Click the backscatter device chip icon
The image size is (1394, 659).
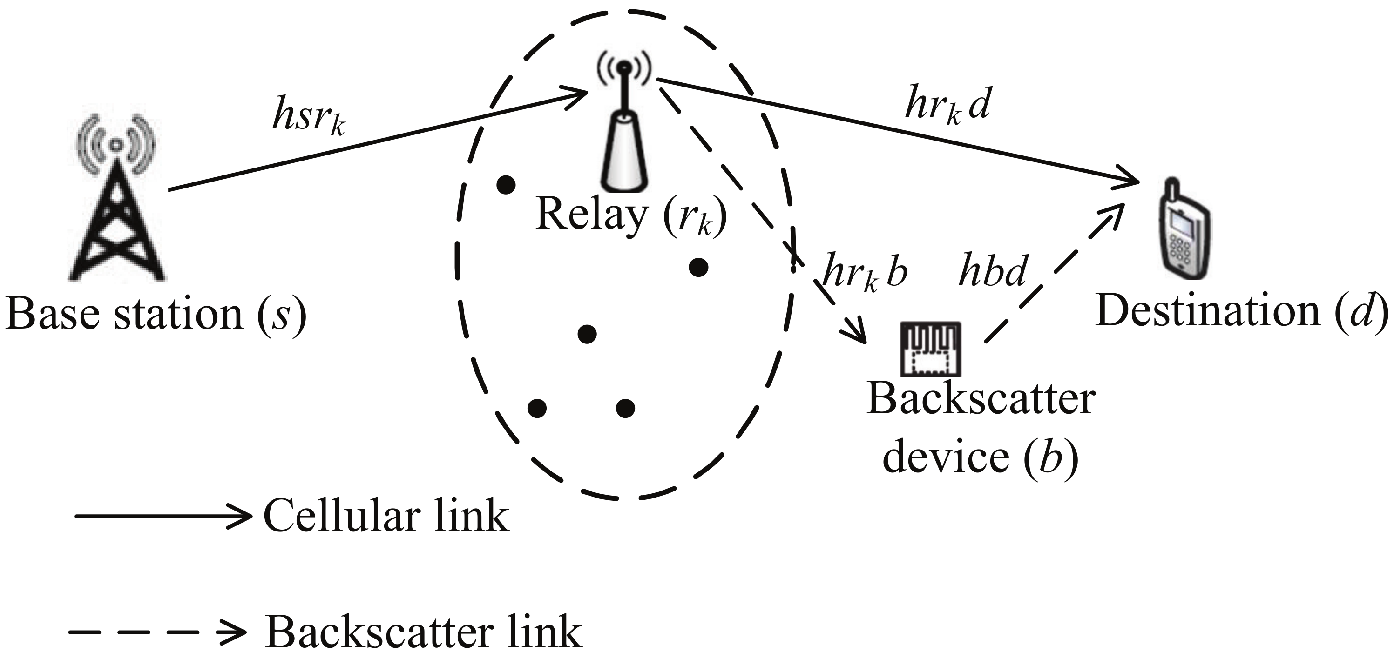pyautogui.click(x=930, y=349)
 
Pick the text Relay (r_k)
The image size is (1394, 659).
pyautogui.click(x=630, y=215)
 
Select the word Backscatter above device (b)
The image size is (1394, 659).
pyautogui.click(x=981, y=400)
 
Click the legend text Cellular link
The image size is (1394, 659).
pyautogui.click(x=386, y=516)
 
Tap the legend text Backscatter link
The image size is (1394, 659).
pyautogui.click(x=423, y=632)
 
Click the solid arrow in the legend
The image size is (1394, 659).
pyautogui.click(x=162, y=516)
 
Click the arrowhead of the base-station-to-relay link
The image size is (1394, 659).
pyautogui.click(x=579, y=97)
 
